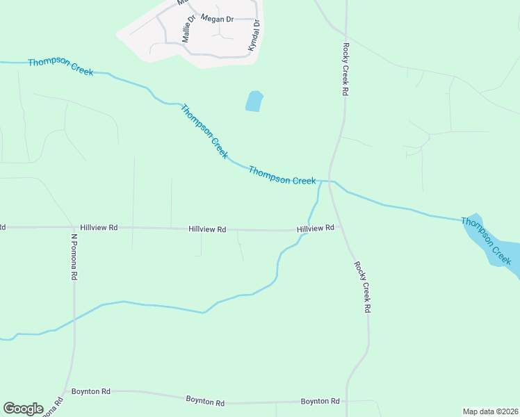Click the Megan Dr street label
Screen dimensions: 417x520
tap(216, 19)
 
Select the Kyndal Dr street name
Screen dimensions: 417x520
tap(254, 35)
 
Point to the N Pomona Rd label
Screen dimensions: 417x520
tap(73, 256)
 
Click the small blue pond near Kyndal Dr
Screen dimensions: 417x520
tap(254, 101)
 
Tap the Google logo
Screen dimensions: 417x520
tap(23, 409)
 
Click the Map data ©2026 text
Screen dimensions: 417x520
tap(491, 411)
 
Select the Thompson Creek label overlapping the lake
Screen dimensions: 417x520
tap(487, 240)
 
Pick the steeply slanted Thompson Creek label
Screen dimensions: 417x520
tap(204, 131)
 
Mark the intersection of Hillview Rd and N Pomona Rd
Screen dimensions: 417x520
tap(73, 227)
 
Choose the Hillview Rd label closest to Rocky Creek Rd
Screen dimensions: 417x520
tap(316, 228)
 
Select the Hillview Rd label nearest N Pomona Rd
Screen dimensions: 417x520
tap(99, 227)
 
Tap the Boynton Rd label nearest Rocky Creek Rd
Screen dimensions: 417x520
tap(320, 402)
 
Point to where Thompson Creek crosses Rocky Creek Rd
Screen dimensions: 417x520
tap(330, 182)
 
